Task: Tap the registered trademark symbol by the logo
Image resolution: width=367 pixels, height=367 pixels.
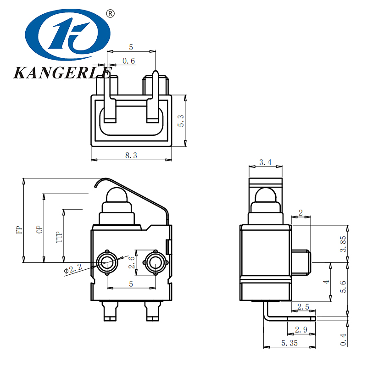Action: click(x=110, y=14)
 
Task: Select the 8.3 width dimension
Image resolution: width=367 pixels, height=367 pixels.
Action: click(x=131, y=156)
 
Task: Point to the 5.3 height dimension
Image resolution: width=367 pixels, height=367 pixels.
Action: click(x=181, y=121)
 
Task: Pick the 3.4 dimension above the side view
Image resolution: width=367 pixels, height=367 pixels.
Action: click(x=265, y=162)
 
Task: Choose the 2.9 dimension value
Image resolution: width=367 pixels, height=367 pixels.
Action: click(x=301, y=329)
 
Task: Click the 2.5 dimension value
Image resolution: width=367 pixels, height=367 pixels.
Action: click(x=303, y=306)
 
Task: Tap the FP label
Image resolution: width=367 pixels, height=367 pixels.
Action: click(x=19, y=230)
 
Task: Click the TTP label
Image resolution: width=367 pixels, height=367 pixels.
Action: click(x=58, y=237)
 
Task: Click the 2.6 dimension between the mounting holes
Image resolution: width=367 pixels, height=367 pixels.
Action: click(x=132, y=263)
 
